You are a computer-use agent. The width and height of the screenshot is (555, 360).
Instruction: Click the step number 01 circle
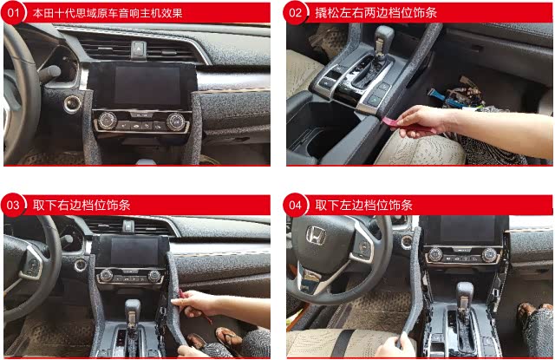(13, 13)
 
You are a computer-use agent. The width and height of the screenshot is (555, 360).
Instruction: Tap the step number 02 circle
(295, 13)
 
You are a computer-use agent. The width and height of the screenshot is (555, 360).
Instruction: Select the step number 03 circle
(13, 205)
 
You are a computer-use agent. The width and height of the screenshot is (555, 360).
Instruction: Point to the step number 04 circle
(295, 205)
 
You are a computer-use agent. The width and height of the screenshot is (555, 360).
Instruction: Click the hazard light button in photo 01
(139, 49)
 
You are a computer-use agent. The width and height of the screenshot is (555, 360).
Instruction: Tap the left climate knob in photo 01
(108, 121)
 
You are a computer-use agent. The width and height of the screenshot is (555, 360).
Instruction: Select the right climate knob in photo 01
(175, 121)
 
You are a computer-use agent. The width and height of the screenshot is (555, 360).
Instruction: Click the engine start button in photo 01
(72, 103)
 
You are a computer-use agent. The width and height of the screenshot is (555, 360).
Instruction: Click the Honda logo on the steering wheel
(316, 235)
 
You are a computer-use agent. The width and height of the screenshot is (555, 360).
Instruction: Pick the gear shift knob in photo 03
(132, 311)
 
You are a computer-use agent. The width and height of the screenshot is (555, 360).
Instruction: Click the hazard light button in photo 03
(128, 226)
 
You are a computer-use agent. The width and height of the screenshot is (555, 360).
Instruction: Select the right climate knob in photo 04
(490, 254)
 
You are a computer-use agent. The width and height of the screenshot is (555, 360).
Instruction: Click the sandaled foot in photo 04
(527, 311)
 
